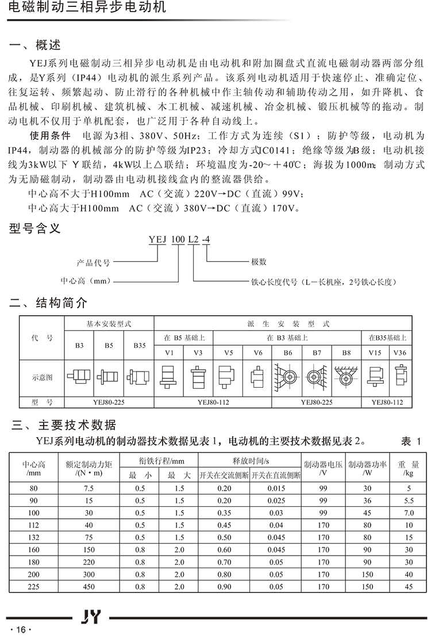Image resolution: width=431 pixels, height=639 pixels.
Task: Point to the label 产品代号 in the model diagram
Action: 93,262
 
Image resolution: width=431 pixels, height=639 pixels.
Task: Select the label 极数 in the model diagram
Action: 259,262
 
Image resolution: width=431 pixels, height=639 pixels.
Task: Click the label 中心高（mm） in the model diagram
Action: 85,282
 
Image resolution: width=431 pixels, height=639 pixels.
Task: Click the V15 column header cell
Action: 374,352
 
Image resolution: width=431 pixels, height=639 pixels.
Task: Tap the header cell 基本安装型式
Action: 109,324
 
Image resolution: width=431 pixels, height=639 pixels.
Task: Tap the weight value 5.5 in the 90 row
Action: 409,500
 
